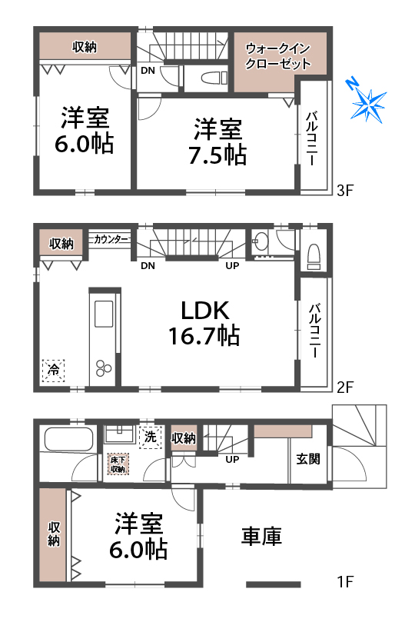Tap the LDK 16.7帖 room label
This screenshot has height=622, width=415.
[x=204, y=323]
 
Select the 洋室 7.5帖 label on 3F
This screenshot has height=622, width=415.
[x=217, y=141]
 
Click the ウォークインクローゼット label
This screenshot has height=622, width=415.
[x=278, y=56]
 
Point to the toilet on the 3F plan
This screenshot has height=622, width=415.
[x=213, y=78]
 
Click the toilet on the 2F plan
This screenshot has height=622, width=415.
[x=314, y=256]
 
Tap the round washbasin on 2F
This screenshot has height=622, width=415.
[x=260, y=241]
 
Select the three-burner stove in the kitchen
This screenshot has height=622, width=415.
[x=104, y=368]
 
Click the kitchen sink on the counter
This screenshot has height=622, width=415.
[x=104, y=314]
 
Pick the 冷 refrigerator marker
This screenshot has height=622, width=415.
[x=53, y=370]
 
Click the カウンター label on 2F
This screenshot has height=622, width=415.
[x=111, y=239]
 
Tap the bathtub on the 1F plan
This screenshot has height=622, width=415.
[x=68, y=439]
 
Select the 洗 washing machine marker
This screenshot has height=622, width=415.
[x=150, y=437]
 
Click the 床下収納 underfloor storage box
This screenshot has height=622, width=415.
[x=118, y=464]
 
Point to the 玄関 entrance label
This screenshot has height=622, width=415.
[x=308, y=459]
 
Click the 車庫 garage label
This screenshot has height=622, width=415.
[x=261, y=536]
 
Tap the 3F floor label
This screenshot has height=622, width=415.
[x=344, y=191]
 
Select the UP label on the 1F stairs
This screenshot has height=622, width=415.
[x=232, y=459]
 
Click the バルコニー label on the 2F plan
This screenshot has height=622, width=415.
[x=315, y=331]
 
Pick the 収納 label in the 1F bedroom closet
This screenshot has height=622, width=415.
[x=54, y=534]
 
